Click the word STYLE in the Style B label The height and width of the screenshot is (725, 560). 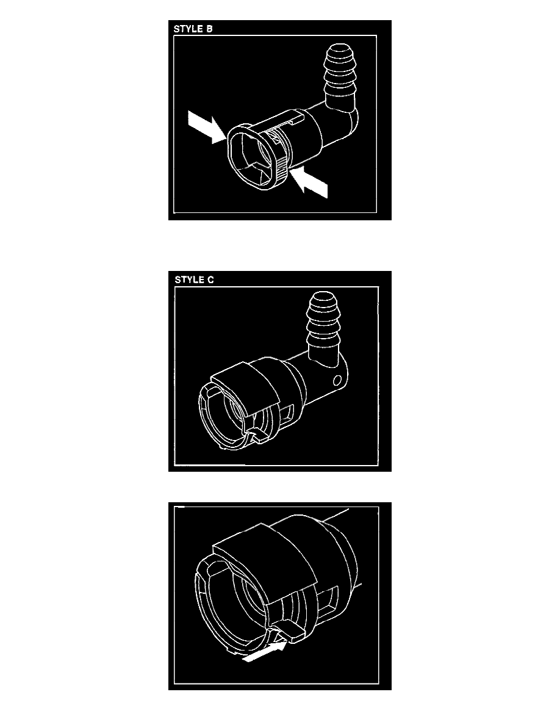pos(188,29)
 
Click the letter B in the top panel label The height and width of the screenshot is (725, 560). pos(209,29)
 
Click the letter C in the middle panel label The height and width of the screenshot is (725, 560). pos(210,280)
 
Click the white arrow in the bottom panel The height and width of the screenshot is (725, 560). pos(264,651)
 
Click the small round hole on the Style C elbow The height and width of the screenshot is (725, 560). pos(337,381)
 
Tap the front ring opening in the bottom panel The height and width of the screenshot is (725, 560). pos(231,606)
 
